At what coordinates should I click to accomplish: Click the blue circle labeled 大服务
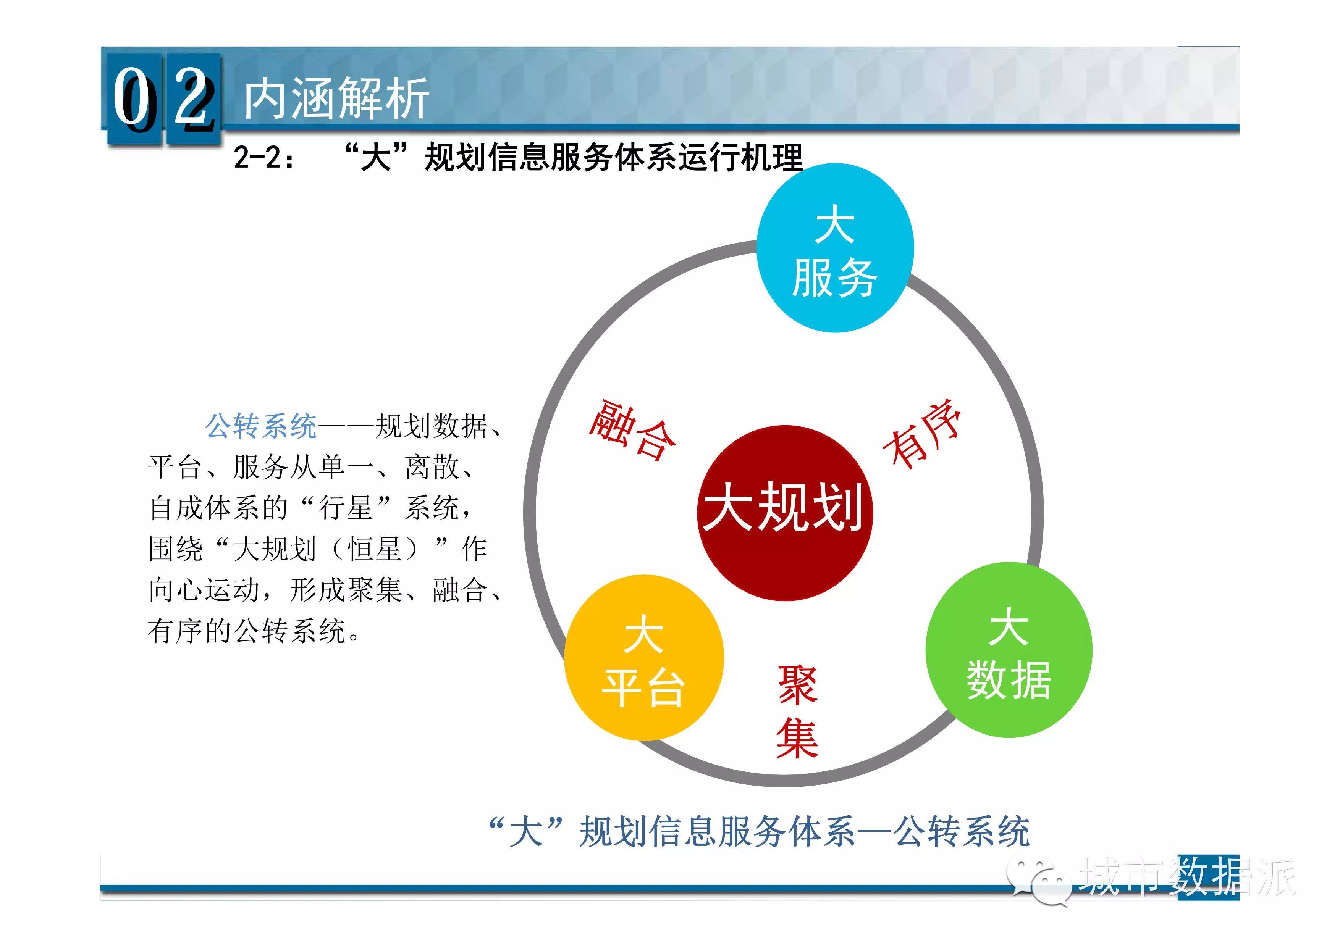pos(835,248)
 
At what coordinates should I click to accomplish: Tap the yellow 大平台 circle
pos(644,658)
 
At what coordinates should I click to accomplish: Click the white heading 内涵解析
pos(337,98)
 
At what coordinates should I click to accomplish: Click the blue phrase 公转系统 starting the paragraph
pos(261,426)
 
